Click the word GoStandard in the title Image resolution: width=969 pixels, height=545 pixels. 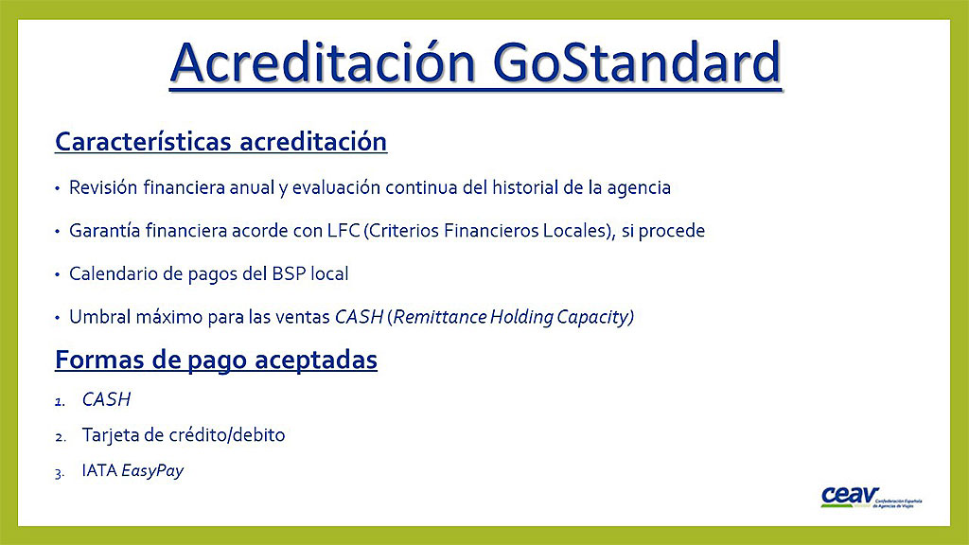click(x=637, y=62)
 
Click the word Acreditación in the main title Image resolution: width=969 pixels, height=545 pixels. click(x=324, y=62)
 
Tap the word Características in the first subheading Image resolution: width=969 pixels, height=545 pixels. click(x=144, y=142)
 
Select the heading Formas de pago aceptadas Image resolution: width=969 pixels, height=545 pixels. click(x=217, y=360)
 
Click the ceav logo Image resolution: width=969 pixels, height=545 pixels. click(x=872, y=497)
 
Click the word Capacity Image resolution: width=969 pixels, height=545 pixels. click(x=594, y=318)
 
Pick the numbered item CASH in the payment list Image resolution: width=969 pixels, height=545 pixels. click(x=106, y=400)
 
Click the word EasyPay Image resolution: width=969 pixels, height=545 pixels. click(x=152, y=471)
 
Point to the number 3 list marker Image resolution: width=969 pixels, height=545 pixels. click(x=60, y=474)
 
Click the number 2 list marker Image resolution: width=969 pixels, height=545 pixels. click(x=60, y=438)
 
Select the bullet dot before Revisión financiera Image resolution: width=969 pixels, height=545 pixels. click(x=58, y=188)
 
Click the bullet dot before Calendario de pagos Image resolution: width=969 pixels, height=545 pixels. click(x=58, y=274)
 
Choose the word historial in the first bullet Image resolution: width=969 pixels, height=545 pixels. click(x=525, y=187)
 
